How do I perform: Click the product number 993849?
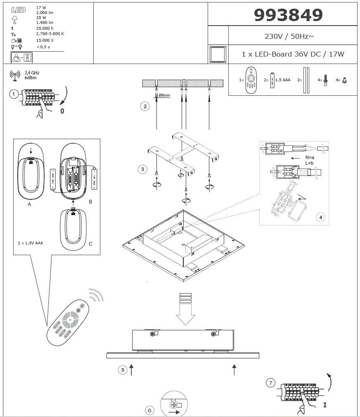(x=288, y=15)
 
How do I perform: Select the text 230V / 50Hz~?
(x=289, y=36)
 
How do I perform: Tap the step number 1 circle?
(x=14, y=95)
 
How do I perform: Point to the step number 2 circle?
(x=144, y=107)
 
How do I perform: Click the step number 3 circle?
(x=142, y=169)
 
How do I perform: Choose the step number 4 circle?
(x=320, y=217)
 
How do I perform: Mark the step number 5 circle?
(x=122, y=370)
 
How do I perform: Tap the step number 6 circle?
(x=150, y=410)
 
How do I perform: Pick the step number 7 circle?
(x=270, y=383)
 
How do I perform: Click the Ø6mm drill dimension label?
(x=164, y=95)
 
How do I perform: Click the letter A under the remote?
(x=29, y=204)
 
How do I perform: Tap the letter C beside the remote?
(x=90, y=244)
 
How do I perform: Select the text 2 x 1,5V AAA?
(x=31, y=243)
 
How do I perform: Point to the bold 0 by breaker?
(x=62, y=111)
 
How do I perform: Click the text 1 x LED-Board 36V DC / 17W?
(x=292, y=54)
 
